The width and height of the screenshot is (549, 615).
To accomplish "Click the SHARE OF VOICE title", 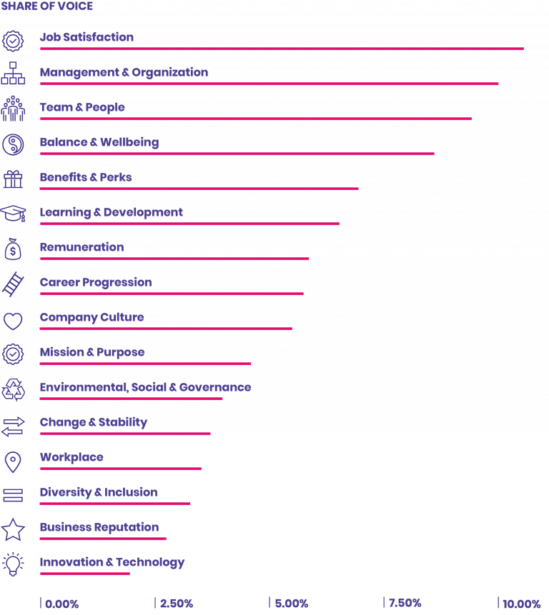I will click(x=46, y=6).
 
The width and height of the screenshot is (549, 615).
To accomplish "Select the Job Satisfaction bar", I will click(x=282, y=49).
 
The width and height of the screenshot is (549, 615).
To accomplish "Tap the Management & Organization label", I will click(x=124, y=72).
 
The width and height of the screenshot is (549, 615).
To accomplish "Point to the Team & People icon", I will click(x=13, y=109).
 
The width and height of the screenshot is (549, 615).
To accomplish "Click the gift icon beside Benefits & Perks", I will click(x=13, y=179).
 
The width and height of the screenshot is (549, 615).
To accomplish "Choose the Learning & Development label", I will click(x=111, y=212).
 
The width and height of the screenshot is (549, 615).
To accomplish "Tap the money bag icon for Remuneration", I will click(x=13, y=249).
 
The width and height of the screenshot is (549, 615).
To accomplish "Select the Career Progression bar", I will click(x=172, y=294).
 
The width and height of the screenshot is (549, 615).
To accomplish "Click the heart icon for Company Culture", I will click(x=13, y=321).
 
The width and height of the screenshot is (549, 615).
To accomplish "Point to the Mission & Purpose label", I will click(x=92, y=352).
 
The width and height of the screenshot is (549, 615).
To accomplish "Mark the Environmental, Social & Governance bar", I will click(x=131, y=399).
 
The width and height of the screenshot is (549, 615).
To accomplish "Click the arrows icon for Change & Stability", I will click(x=13, y=426).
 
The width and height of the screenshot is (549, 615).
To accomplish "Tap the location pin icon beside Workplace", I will click(x=13, y=461).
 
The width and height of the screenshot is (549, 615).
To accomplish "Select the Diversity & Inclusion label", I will click(x=99, y=492).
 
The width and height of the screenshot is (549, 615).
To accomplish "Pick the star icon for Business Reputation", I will click(x=13, y=530).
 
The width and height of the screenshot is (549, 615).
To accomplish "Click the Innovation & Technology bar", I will click(x=85, y=574).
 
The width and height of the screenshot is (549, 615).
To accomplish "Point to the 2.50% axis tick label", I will click(x=176, y=604).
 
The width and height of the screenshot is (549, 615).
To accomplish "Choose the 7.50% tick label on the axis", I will click(x=405, y=604).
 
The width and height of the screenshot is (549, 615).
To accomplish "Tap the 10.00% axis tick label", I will click(x=521, y=604).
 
